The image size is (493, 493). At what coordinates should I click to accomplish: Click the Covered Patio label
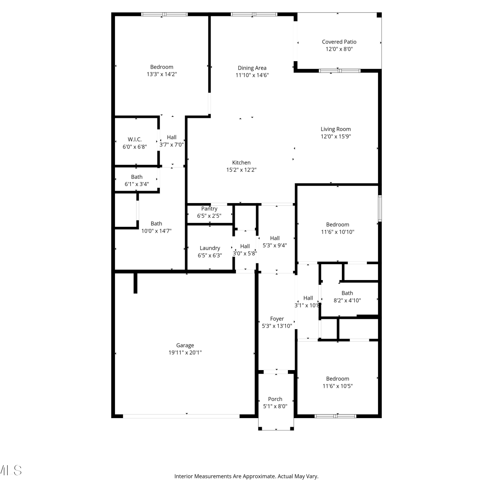click(339, 42)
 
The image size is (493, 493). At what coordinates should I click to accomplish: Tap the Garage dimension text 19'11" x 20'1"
click(185, 353)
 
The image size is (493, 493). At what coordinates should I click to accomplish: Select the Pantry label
click(209, 209)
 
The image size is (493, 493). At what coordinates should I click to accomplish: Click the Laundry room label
click(210, 248)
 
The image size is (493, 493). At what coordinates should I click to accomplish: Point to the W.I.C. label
click(135, 139)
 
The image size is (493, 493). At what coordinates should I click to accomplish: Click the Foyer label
click(277, 319)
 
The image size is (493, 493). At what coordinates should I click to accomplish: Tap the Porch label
click(275, 399)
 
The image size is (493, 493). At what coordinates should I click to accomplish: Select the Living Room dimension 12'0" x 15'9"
click(336, 136)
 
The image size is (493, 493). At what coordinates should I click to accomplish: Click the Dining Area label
click(252, 68)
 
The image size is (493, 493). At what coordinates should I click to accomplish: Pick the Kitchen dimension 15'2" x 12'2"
click(241, 170)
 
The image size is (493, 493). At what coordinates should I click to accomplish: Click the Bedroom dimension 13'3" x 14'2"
click(162, 74)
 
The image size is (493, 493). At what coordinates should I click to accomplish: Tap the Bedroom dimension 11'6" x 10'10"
click(338, 232)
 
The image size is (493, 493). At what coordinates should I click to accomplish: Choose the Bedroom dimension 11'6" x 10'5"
click(338, 386)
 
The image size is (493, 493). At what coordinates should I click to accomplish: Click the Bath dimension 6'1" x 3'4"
click(137, 184)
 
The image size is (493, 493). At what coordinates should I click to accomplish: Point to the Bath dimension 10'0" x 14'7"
click(156, 231)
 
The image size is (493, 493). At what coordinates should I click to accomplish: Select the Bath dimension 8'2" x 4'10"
click(347, 300)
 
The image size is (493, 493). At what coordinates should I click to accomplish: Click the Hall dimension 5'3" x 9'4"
click(275, 246)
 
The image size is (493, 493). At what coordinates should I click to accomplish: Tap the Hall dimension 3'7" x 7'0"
click(172, 145)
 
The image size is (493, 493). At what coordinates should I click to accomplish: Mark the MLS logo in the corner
click(11, 470)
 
